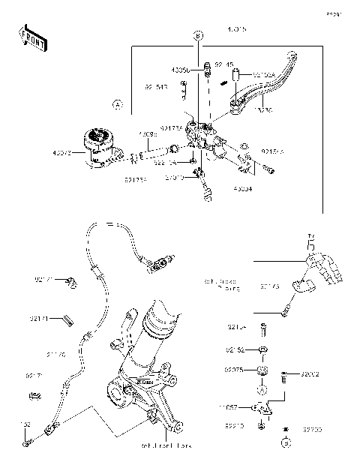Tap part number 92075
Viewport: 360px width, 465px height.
click(x=235, y=369)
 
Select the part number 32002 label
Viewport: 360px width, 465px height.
click(x=310, y=373)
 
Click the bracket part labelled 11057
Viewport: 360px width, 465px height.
click(x=262, y=408)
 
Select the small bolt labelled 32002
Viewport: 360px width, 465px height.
click(x=285, y=376)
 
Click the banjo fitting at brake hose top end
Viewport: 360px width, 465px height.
click(x=158, y=263)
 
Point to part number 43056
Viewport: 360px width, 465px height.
click(x=180, y=69)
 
